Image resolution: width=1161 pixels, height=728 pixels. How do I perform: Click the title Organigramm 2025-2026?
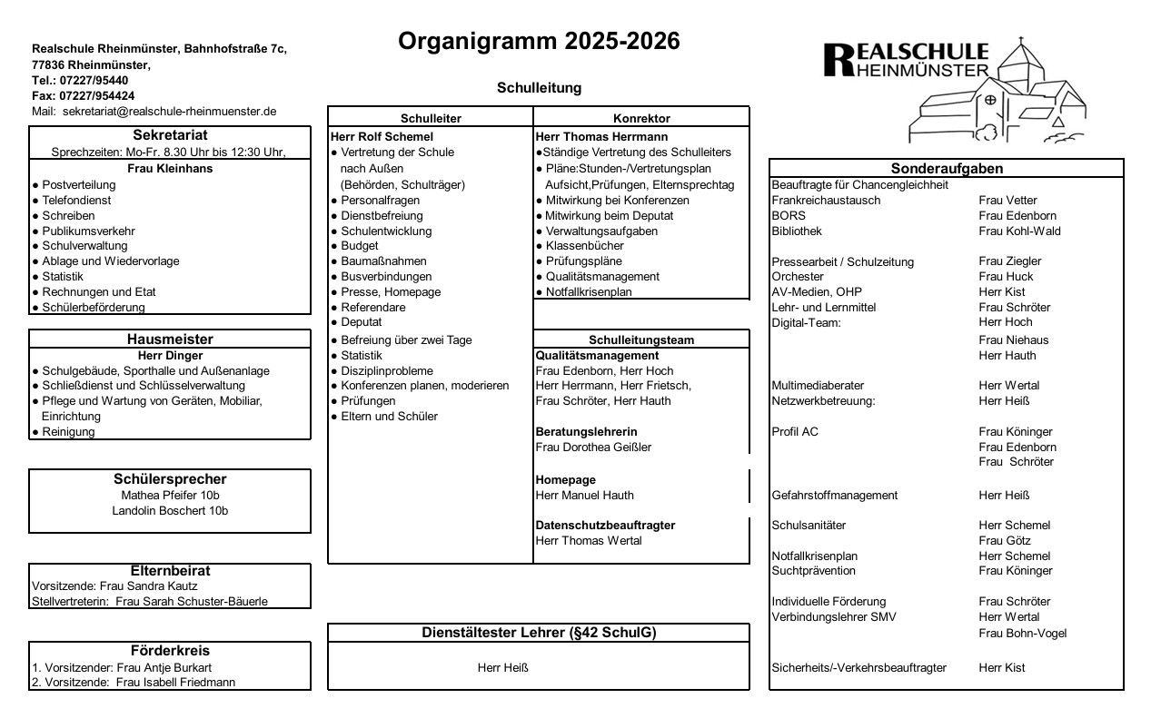tap(539, 42)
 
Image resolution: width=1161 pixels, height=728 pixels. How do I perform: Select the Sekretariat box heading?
tap(170, 134)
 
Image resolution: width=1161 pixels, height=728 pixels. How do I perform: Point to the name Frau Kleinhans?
tap(170, 168)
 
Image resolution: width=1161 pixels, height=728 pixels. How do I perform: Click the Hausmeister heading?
tap(170, 339)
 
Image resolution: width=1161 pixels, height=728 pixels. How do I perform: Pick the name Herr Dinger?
tap(170, 355)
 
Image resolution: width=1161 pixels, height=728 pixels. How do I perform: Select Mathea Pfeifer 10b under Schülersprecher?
tap(170, 495)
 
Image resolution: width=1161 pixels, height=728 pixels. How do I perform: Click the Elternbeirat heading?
tap(170, 570)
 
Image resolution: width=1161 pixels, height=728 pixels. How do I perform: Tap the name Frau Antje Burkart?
tap(164, 667)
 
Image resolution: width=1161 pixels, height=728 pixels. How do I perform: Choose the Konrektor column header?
tap(641, 118)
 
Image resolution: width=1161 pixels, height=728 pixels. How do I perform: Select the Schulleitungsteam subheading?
tap(641, 339)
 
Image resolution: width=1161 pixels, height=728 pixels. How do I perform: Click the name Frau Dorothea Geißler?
tap(593, 447)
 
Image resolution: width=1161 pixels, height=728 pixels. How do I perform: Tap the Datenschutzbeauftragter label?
tap(605, 525)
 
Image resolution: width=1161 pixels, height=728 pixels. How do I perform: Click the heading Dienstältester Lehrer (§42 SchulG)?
tap(539, 633)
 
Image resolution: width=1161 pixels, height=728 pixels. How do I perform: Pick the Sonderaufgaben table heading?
tap(947, 169)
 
